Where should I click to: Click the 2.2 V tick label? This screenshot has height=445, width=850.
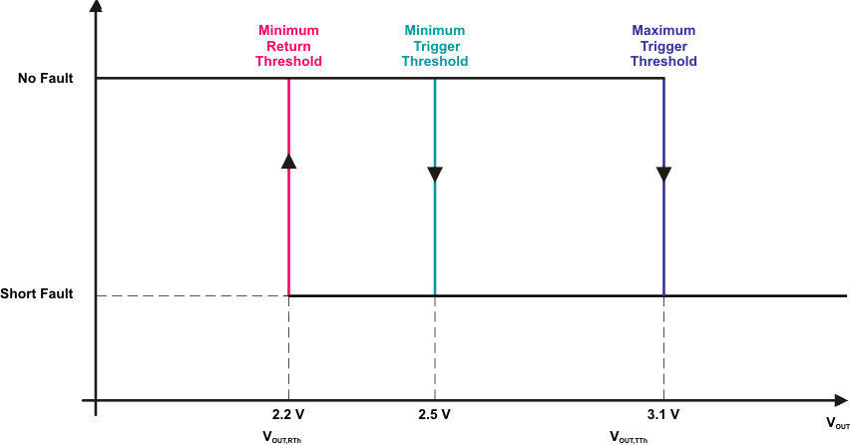pos(288,414)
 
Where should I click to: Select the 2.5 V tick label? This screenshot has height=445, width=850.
pos(435,414)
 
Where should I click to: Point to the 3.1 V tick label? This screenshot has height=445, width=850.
pos(663,414)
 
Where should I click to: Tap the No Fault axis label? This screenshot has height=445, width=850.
pos(46,78)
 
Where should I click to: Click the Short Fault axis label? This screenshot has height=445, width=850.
pos(38,294)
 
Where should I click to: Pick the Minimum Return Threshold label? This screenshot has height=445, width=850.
pos(289,46)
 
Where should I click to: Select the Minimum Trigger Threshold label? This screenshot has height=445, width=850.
pos(435,46)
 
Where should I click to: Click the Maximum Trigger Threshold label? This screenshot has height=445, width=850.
pos(663,46)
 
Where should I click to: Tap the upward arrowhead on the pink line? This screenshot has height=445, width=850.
pos(288,160)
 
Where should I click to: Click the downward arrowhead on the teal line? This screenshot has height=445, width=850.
pos(435,175)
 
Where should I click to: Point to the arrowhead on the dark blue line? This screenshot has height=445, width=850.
pos(663,175)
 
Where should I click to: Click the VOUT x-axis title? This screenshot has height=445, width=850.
pos(837,423)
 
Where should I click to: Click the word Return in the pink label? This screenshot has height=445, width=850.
pos(289,46)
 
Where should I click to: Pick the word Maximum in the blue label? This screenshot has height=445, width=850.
pos(663,31)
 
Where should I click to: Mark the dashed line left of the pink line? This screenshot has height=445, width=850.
pos(190,295)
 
